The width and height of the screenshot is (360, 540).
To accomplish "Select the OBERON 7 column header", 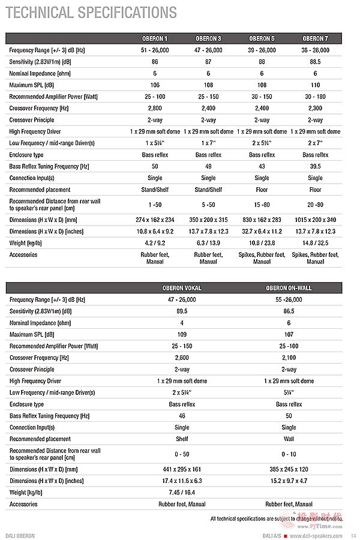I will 315,38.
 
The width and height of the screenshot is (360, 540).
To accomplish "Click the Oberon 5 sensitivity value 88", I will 262,62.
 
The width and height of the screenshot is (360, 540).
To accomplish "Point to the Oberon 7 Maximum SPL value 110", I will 315,85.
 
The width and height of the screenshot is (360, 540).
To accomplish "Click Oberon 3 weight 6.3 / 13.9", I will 208,243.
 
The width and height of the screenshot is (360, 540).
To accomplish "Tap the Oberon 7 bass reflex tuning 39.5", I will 315,166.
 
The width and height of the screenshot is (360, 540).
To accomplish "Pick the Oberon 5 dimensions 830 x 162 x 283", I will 262,220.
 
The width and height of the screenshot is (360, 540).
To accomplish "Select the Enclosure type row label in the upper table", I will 27,155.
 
